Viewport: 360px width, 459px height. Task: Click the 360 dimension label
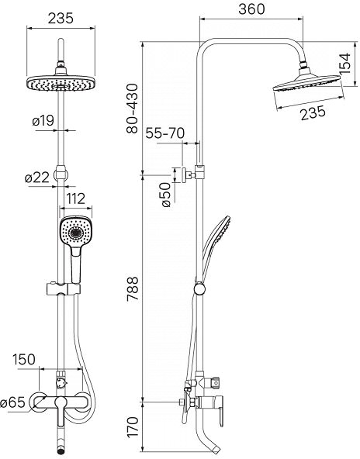pos(251,9)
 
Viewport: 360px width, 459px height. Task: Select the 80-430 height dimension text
pos(132,109)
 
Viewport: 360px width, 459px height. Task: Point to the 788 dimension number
pos(132,288)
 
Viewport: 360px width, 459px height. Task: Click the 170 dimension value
pos(133,427)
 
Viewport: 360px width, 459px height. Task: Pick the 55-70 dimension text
pos(165,133)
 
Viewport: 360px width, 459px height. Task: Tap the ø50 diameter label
pos(166,195)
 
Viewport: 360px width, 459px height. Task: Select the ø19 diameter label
pos(43,121)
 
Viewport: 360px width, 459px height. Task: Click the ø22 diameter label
pos(37,178)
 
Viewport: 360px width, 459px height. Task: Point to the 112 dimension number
pos(75,199)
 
